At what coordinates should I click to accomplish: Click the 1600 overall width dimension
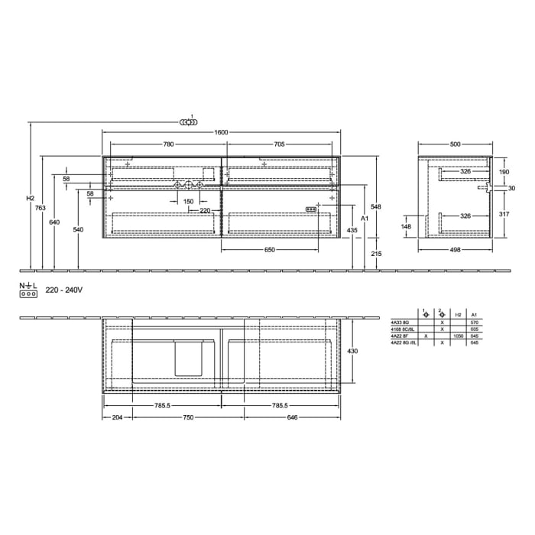(222, 133)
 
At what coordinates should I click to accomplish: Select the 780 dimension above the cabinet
(168, 144)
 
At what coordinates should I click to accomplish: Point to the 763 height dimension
(41, 209)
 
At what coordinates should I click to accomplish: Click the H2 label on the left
(30, 199)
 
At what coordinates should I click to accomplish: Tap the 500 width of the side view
(455, 144)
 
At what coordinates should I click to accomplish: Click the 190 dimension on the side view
(504, 173)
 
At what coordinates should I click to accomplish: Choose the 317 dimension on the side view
(504, 215)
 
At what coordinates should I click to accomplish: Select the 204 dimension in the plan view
(117, 417)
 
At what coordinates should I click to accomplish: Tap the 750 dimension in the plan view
(188, 417)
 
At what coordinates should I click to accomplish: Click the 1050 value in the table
(459, 336)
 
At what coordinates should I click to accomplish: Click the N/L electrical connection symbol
(28, 290)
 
